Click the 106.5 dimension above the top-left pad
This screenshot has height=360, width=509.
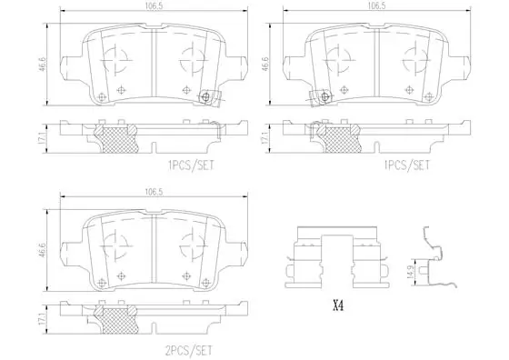(x=155, y=6)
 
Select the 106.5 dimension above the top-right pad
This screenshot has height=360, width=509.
(x=376, y=6)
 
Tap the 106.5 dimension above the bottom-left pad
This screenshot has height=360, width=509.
(x=155, y=192)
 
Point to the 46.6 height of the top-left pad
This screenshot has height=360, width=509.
(x=43, y=65)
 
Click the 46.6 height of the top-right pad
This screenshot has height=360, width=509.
(x=264, y=65)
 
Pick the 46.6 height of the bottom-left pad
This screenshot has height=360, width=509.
(x=43, y=250)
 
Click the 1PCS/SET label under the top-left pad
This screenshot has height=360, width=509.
(x=191, y=165)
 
